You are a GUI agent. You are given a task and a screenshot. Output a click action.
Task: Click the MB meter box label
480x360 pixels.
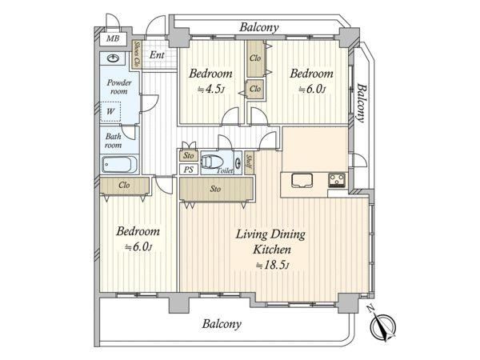(113, 39)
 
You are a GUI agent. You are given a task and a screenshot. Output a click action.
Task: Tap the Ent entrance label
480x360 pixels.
(157, 55)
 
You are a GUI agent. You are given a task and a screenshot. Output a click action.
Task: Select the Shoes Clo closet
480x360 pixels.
(136, 54)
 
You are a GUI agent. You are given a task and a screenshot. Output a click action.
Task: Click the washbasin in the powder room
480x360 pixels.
(113, 58)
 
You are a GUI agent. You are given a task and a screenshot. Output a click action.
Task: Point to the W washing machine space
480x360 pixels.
(110, 111)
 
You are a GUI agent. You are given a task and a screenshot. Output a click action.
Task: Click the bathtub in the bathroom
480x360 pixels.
(119, 165)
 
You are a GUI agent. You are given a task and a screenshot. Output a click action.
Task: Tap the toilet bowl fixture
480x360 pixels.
(212, 162)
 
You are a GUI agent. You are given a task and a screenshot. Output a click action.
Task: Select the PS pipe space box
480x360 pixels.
(188, 170)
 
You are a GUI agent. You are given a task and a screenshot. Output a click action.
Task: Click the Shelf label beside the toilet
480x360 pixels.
(249, 162)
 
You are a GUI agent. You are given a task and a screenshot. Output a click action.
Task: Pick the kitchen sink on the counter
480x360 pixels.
(302, 180)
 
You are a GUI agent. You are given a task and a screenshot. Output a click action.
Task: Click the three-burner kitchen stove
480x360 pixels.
(337, 180)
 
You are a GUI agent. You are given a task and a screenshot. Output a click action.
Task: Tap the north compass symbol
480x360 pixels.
(382, 325)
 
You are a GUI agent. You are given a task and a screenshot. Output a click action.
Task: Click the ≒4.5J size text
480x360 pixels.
(211, 90)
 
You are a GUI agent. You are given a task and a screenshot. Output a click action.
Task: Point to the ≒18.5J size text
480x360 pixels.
(272, 265)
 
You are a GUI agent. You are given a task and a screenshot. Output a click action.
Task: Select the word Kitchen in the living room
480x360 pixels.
(272, 250)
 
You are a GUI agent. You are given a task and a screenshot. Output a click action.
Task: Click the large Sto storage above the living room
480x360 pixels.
(216, 189)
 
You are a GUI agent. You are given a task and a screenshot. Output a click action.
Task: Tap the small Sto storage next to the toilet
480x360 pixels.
(188, 156)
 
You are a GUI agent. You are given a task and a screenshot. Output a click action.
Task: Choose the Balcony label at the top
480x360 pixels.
(259, 27)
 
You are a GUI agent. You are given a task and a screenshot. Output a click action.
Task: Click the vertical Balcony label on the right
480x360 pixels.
(362, 103)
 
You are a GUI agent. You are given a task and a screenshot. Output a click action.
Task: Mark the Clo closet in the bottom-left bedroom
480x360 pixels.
(124, 186)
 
